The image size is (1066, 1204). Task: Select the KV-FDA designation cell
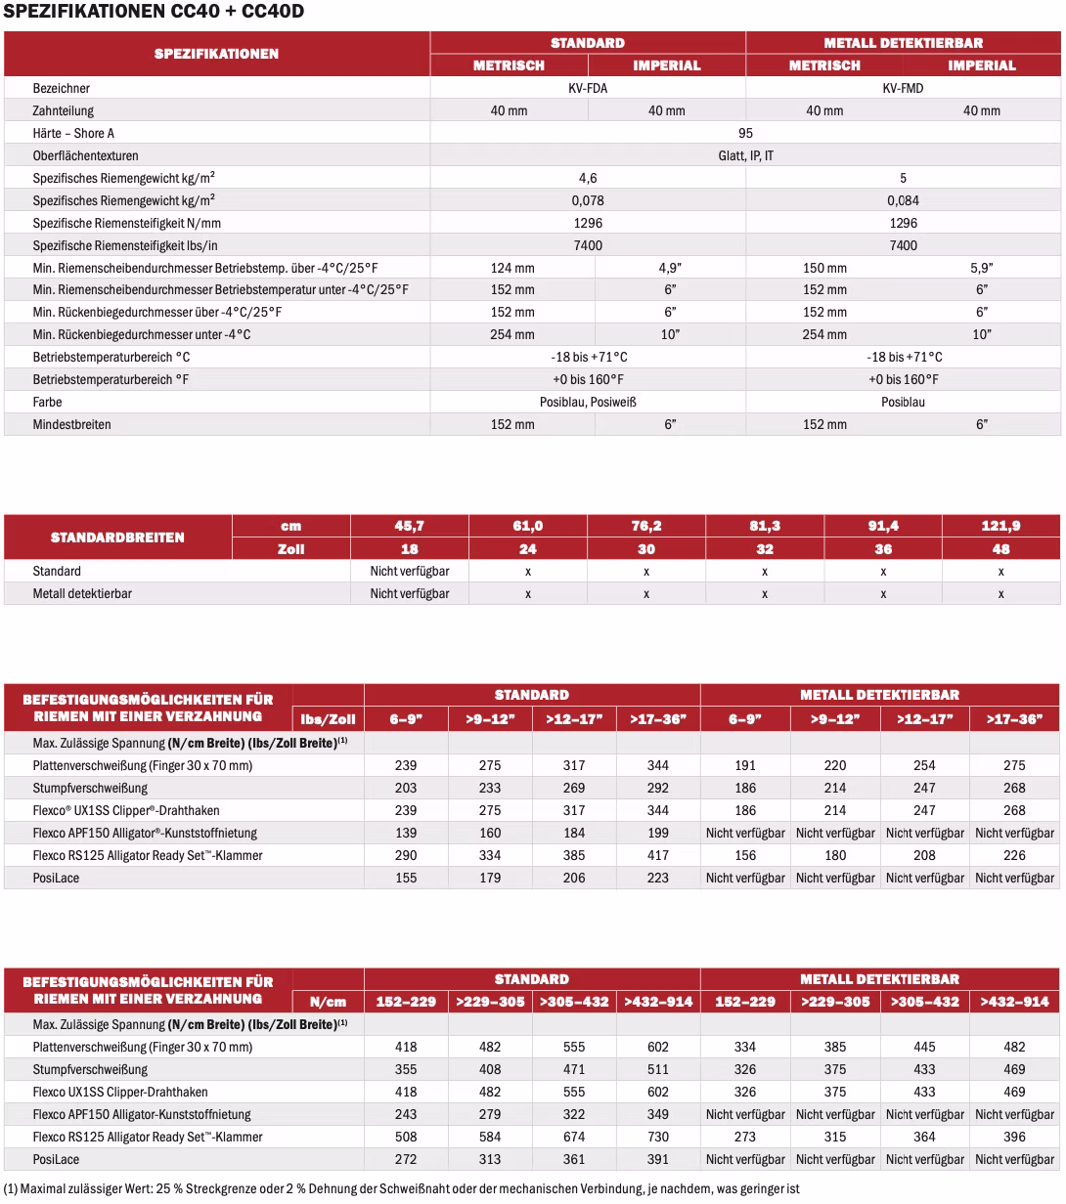(588, 88)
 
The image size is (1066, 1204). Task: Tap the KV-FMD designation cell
(903, 88)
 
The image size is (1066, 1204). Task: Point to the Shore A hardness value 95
(745, 133)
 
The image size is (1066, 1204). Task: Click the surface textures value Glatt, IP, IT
(745, 155)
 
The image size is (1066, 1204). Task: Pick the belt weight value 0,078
(588, 200)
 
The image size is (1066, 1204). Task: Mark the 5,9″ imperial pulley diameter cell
(982, 268)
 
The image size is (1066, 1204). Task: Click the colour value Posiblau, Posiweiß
(588, 402)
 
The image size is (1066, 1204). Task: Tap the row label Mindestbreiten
(71, 424)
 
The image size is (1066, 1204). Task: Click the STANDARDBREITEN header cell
(117, 537)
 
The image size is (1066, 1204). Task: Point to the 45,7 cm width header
(409, 526)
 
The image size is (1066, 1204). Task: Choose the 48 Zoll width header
(1000, 549)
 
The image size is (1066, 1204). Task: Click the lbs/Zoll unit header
(328, 719)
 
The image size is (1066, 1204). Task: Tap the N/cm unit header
(328, 1002)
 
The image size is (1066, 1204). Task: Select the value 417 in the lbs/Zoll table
(658, 855)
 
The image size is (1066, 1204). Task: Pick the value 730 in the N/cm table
(658, 1137)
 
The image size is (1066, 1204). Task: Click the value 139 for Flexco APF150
(405, 833)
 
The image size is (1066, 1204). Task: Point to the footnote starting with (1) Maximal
(402, 1189)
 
